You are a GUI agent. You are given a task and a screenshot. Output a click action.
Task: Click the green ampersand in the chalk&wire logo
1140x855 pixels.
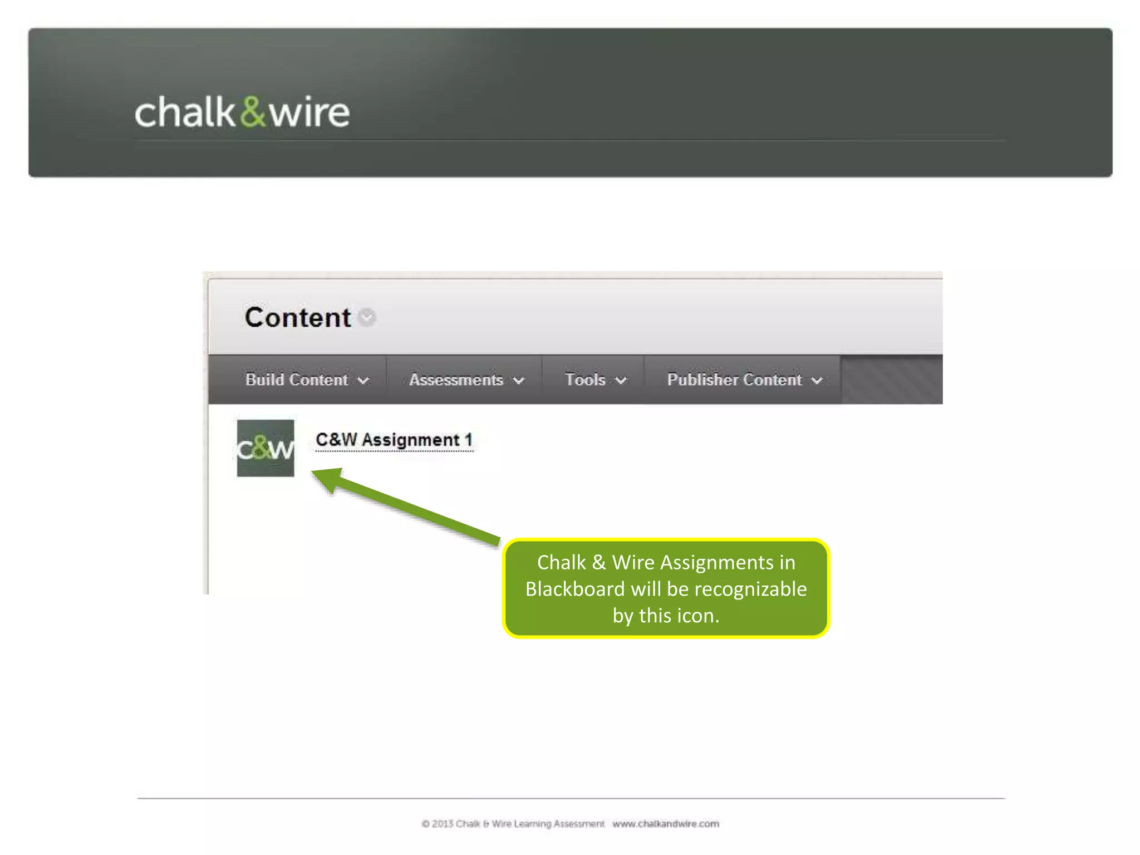tap(253, 111)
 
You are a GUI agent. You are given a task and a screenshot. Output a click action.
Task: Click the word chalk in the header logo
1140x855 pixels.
tap(185, 112)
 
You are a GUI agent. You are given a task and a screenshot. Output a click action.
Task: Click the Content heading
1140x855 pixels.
tap(297, 318)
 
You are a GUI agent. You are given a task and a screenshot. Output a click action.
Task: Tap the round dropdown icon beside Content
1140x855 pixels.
tap(367, 318)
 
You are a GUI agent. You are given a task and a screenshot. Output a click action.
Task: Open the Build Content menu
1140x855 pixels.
tap(307, 380)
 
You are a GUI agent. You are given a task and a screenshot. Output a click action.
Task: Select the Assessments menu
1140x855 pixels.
tap(466, 380)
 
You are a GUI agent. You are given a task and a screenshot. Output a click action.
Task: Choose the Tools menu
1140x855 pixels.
tap(595, 380)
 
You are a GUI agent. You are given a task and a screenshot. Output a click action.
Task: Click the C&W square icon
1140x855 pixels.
tap(266, 448)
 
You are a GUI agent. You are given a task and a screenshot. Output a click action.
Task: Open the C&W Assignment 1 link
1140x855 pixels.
tap(394, 440)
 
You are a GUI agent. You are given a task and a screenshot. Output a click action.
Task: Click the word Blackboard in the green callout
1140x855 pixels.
tap(575, 589)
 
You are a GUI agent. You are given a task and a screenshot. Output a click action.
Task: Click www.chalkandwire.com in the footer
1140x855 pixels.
tap(666, 824)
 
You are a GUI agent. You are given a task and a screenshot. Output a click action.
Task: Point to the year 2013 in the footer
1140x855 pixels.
tap(443, 824)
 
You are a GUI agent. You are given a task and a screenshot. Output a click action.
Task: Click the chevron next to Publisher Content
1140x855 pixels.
tap(817, 381)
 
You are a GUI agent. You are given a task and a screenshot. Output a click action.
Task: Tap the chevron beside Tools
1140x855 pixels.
tap(621, 381)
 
